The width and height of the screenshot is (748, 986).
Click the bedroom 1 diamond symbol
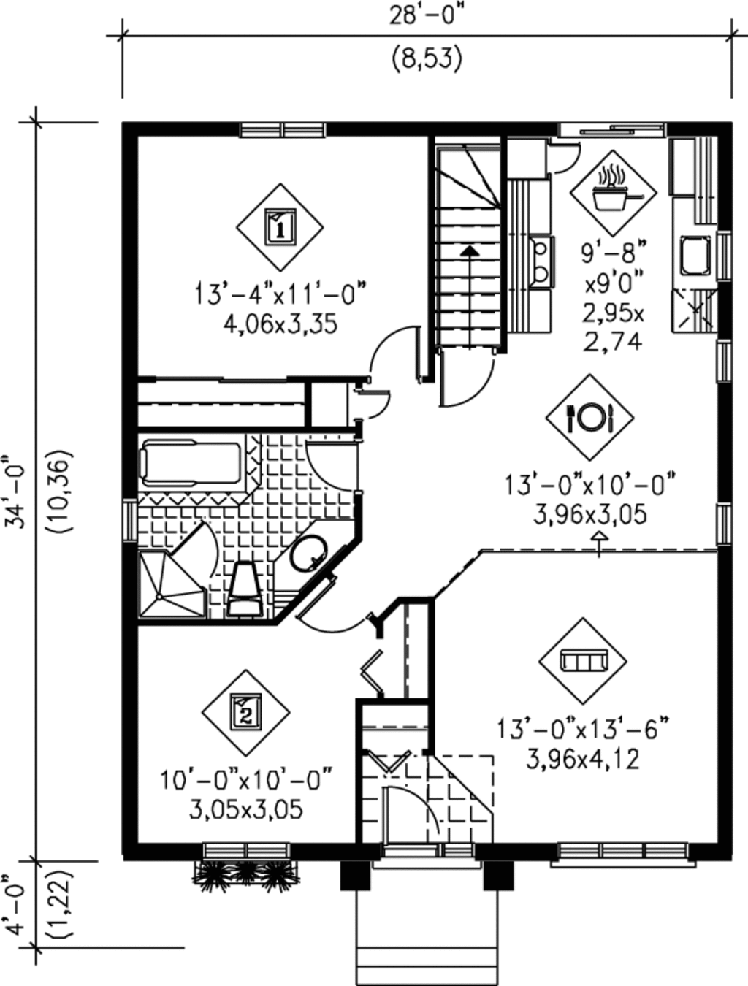(279, 226)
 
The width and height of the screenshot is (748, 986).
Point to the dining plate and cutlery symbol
(589, 418)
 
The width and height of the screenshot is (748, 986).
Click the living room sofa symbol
(583, 661)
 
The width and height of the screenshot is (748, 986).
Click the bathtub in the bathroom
(191, 463)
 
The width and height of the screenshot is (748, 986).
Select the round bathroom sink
(310, 555)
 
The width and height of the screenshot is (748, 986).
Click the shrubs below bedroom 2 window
(246, 875)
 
